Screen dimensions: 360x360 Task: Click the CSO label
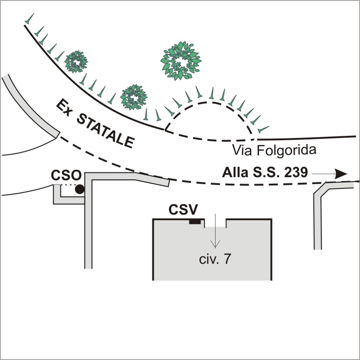(66, 175)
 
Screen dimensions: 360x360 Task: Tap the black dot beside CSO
(80, 189)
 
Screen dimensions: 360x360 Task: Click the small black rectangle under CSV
(195, 222)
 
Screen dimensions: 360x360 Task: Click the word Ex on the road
(64, 107)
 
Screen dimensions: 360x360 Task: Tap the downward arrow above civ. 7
(214, 237)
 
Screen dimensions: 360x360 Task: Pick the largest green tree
(180, 61)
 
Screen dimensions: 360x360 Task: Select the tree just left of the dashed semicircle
(133, 97)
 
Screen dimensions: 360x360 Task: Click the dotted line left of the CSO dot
(68, 185)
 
